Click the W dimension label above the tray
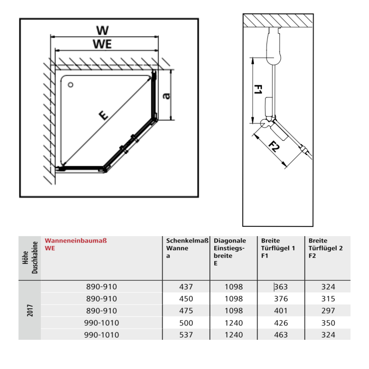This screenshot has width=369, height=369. pyautogui.click(x=102, y=30)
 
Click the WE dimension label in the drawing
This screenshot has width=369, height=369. pyautogui.click(x=102, y=44)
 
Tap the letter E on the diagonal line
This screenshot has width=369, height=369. pyautogui.click(x=103, y=115)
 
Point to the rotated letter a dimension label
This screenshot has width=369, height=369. pyautogui.click(x=166, y=96)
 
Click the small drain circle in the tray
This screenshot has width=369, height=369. pyautogui.click(x=70, y=85)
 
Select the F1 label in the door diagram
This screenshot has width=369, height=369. pyautogui.click(x=258, y=89)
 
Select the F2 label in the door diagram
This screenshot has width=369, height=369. pyautogui.click(x=274, y=146)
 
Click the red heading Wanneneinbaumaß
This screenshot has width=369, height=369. pyautogui.click(x=76, y=240)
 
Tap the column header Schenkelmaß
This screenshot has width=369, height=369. pyautogui.click(x=187, y=240)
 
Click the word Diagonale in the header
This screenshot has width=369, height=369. pyautogui.click(x=230, y=240)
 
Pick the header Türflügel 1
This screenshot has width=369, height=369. pyautogui.click(x=278, y=248)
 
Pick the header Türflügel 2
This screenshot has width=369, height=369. pyautogui.click(x=325, y=248)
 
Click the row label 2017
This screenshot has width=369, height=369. pyautogui.click(x=30, y=310)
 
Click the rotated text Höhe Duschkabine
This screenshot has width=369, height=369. pyautogui.click(x=30, y=257)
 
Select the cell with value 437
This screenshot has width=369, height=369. pyautogui.click(x=186, y=287)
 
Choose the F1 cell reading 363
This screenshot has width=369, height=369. pyautogui.click(x=281, y=287)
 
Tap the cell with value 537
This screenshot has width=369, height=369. pyautogui.click(x=186, y=335)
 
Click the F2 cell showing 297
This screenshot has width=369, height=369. pyautogui.click(x=328, y=311)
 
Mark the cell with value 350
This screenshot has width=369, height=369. pyautogui.click(x=328, y=323)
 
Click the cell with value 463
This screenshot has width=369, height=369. pyautogui.click(x=281, y=335)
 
